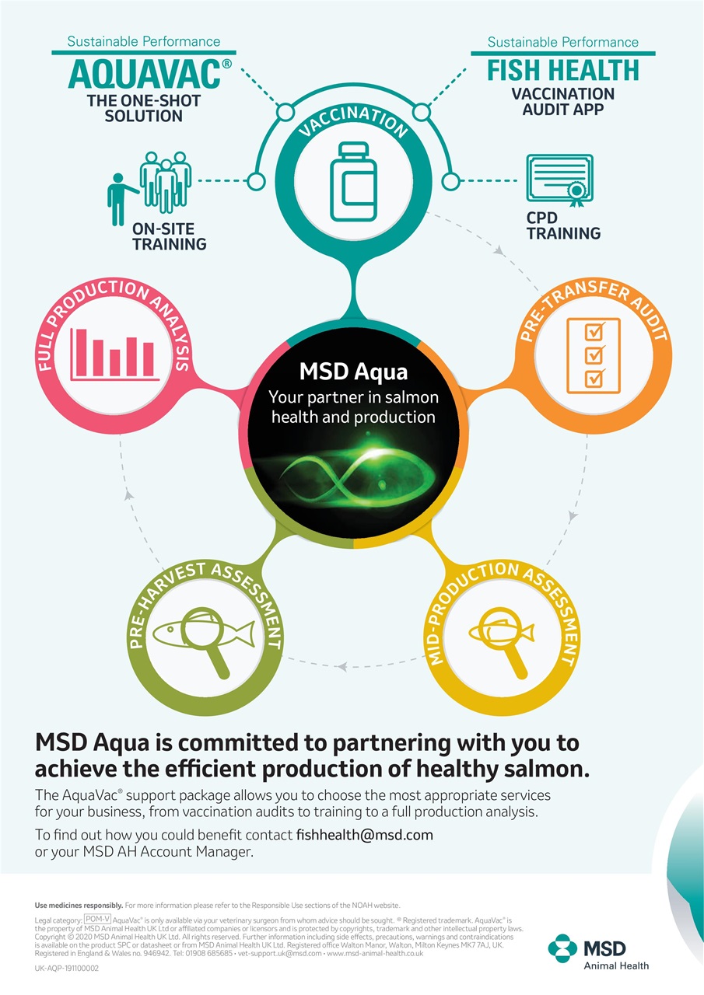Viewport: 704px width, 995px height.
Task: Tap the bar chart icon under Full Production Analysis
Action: pyautogui.click(x=114, y=354)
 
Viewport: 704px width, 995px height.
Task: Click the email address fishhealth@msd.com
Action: pyautogui.click(x=364, y=835)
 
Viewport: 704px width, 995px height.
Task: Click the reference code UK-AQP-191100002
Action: pyautogui.click(x=67, y=969)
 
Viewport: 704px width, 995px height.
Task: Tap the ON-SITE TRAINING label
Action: pyautogui.click(x=169, y=236)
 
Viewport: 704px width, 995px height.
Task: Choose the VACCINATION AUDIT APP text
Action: pyautogui.click(x=562, y=101)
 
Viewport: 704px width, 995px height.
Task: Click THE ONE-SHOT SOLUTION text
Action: pyautogui.click(x=144, y=108)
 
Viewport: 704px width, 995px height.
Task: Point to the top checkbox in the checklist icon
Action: pyautogui.click(x=594, y=332)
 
